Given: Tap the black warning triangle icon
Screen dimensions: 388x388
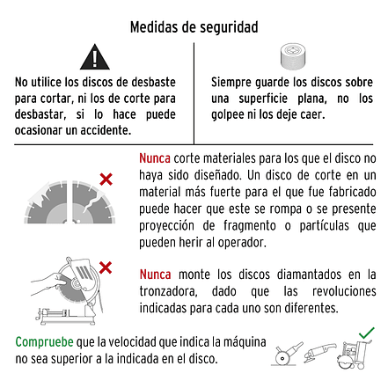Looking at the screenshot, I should pyautogui.click(x=93, y=59).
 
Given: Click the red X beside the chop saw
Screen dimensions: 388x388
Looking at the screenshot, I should pyautogui.click(x=106, y=265).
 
